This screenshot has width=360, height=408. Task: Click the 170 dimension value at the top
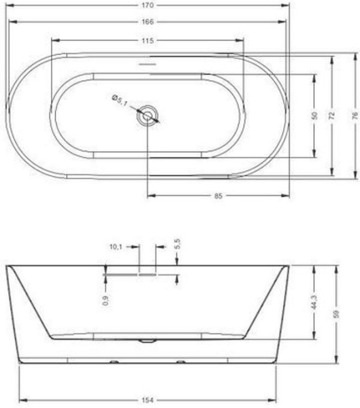tap(148, 5)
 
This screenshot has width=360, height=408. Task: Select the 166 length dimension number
tap(148, 22)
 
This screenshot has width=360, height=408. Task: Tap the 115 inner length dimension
tap(148, 41)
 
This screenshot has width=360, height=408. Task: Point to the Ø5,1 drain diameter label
tap(119, 100)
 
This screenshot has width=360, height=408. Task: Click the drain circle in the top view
tap(148, 116)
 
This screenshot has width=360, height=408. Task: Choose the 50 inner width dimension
tap(314, 116)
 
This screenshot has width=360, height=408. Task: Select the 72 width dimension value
tap(332, 116)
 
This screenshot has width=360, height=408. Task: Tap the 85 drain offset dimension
tap(218, 196)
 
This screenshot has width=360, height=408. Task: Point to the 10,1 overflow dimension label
tap(116, 247)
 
